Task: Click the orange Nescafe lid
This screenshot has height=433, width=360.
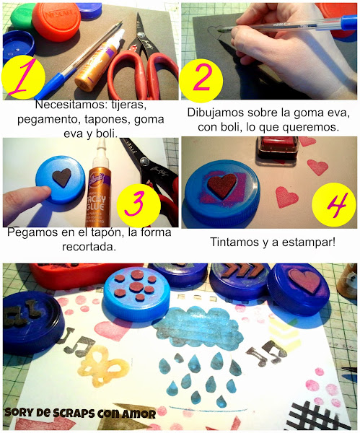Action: pyautogui.click(x=56, y=22)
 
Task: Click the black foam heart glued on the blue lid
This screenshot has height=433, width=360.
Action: pyautogui.click(x=62, y=178)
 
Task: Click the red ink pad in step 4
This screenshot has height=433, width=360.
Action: pyautogui.click(x=278, y=149)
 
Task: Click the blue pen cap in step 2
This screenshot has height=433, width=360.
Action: pyautogui.click(x=349, y=22)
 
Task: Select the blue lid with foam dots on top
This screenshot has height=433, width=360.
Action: pyautogui.click(x=136, y=294)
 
